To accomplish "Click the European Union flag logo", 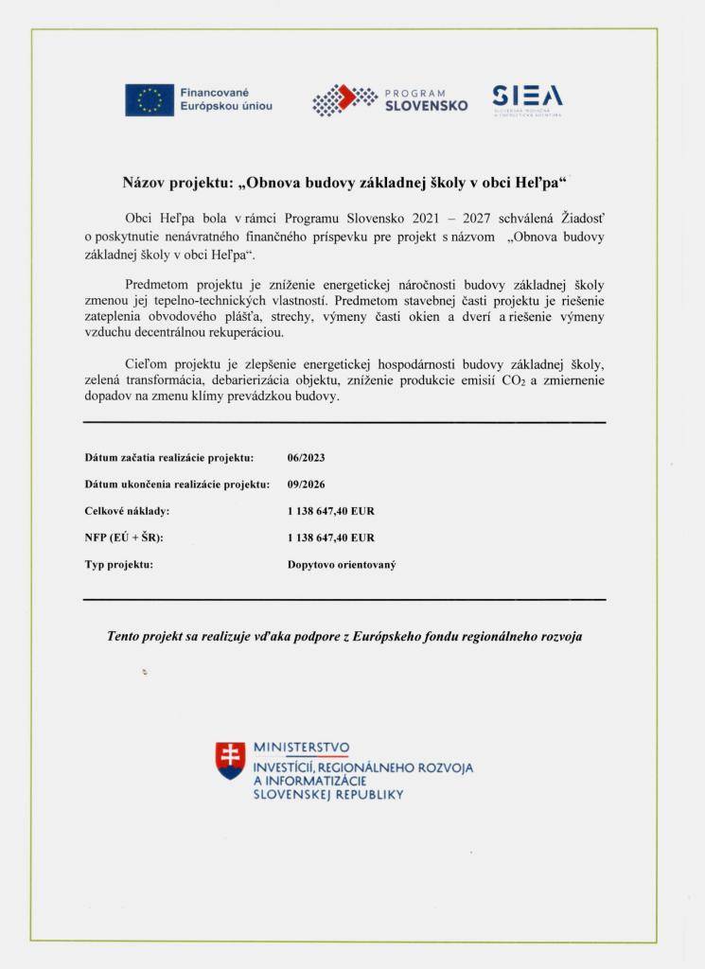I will point(150,99).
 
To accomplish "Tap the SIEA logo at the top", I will point(527,96).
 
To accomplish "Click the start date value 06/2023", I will point(306,458).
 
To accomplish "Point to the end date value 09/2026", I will point(306,484).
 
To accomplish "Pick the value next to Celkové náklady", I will point(331,511).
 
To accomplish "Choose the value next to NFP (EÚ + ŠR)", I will point(331,537).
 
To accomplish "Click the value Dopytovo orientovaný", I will point(342,564).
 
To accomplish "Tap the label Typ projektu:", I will point(118,564).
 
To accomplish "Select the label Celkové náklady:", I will point(127,511).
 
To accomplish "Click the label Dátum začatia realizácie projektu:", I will point(168,458).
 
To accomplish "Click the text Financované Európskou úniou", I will point(226,99).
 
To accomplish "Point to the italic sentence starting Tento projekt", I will point(344,637).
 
